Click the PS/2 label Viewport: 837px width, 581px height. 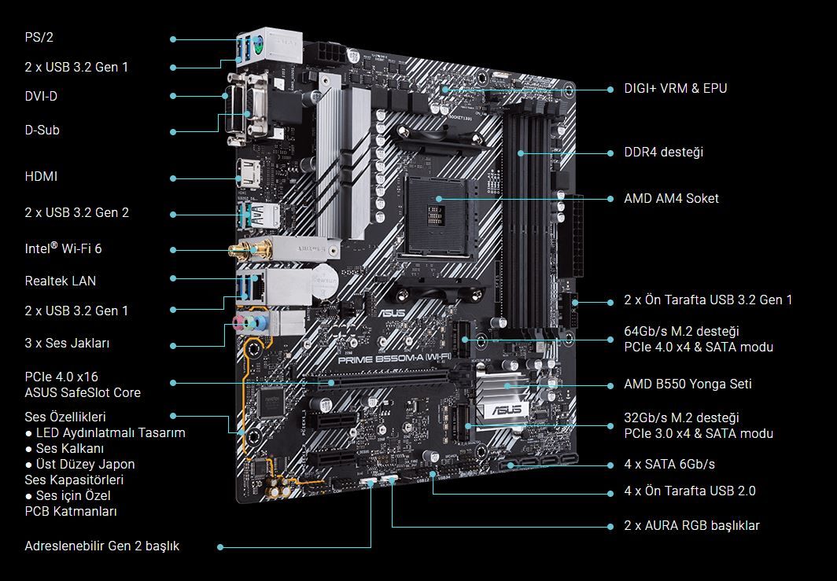point(39,38)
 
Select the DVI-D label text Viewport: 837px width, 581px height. point(41,96)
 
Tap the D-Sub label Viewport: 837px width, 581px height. point(42,130)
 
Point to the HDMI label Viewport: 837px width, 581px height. point(41,176)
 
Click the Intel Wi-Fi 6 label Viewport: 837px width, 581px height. point(63,248)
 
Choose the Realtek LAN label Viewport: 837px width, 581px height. point(61,281)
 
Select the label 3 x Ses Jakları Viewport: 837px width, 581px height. point(68,343)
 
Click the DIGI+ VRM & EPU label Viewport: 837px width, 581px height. point(675,88)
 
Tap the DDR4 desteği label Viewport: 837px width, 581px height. point(663,152)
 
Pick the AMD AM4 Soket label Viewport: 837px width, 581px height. point(671,198)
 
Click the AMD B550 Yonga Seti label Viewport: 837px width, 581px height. point(688,384)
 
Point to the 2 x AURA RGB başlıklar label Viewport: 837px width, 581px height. point(691,525)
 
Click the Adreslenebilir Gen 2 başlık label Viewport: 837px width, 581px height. point(102,546)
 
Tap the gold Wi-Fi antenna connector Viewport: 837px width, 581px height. point(251,249)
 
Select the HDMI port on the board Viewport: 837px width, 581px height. point(249,174)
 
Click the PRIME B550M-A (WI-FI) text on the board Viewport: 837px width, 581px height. point(394,359)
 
